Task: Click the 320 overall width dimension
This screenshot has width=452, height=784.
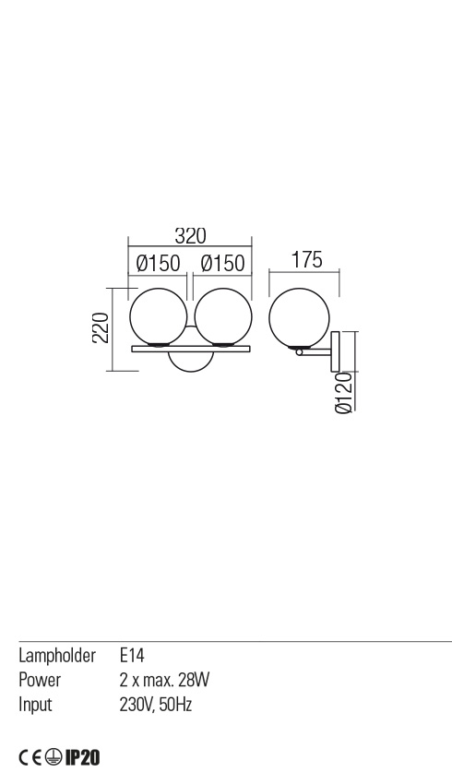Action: tap(189, 235)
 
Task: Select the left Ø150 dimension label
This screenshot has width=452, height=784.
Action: tap(157, 264)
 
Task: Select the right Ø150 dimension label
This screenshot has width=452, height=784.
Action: tap(222, 264)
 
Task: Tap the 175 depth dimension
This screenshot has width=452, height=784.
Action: tap(306, 260)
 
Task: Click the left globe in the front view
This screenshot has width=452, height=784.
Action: tap(158, 315)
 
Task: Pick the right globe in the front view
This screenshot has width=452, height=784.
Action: tap(222, 315)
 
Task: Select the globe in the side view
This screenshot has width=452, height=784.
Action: tap(299, 315)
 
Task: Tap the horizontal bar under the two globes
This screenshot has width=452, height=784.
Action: tap(190, 349)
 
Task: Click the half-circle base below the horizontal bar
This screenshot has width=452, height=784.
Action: tap(190, 362)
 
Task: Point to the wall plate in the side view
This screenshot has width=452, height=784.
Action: tap(337, 350)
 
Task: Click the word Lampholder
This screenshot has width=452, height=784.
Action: tap(57, 656)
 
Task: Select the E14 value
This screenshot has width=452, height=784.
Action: tap(133, 656)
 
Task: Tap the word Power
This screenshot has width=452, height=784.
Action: tap(40, 681)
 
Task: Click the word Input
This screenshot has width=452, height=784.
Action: tap(35, 705)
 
